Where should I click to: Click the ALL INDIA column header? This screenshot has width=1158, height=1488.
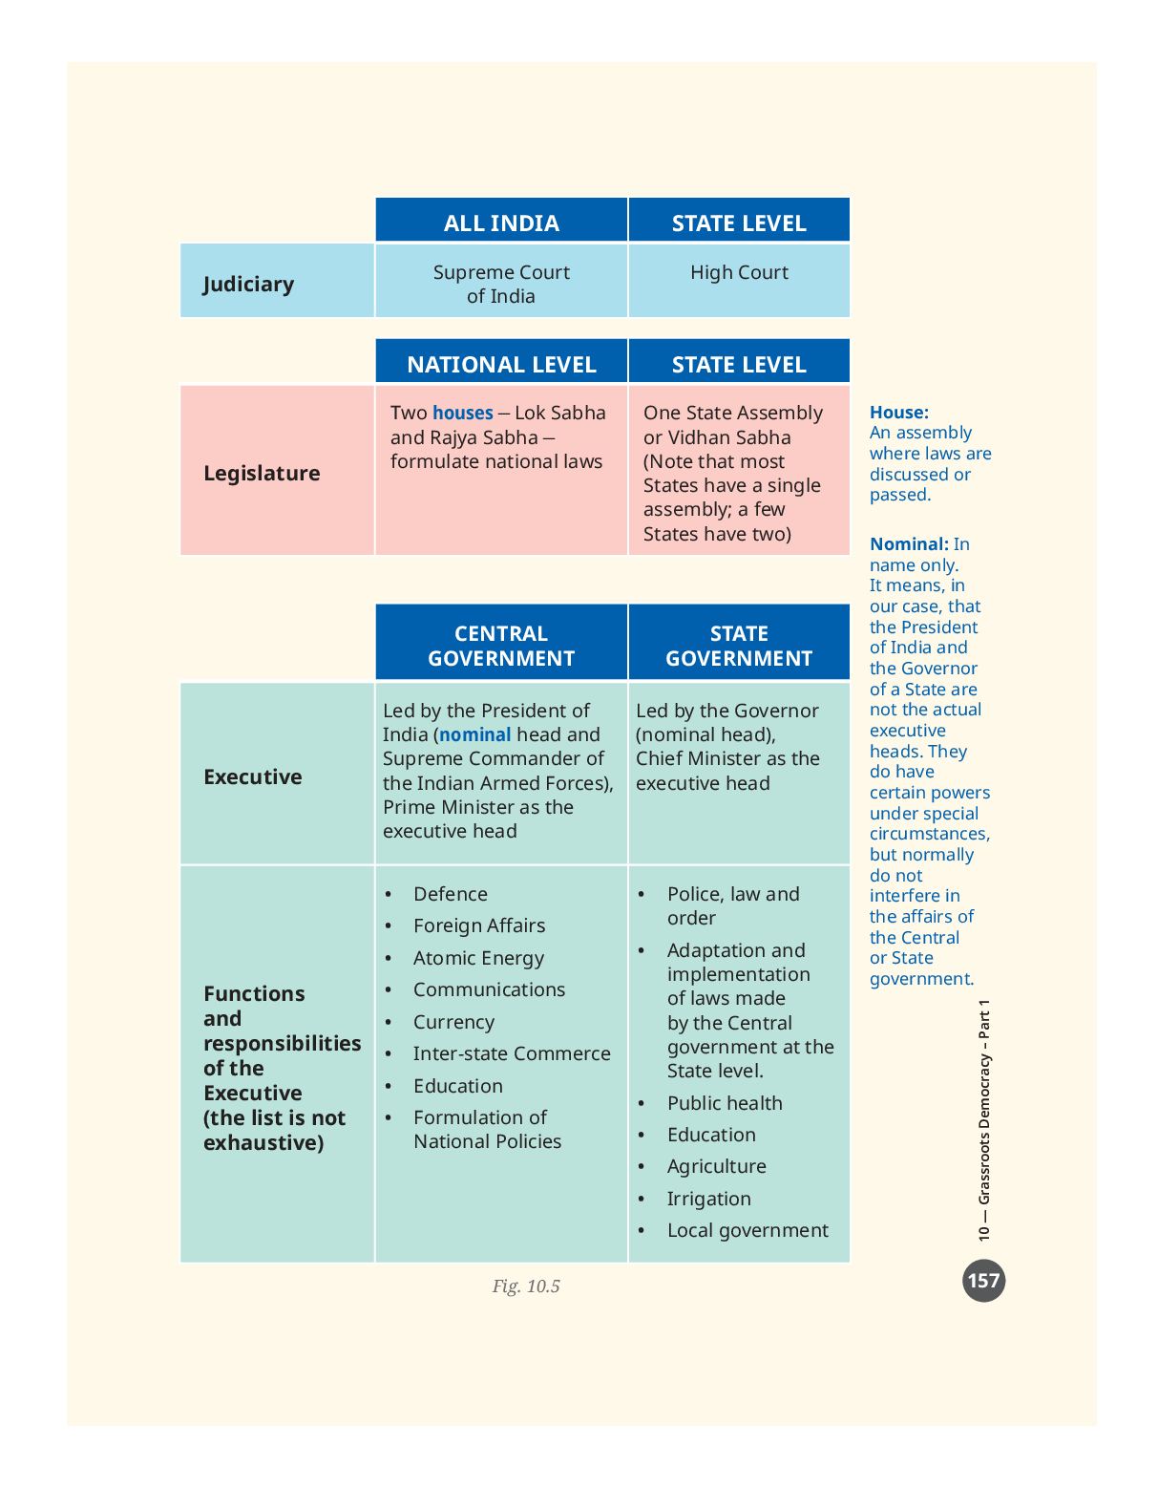coord(501,223)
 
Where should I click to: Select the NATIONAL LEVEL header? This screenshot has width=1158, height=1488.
coord(501,364)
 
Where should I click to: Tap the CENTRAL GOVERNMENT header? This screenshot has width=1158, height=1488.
coord(501,645)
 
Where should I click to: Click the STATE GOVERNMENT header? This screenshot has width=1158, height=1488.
coord(739,645)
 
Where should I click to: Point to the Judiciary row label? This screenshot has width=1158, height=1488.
coord(248,285)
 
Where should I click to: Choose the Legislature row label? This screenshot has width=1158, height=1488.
coord(262,473)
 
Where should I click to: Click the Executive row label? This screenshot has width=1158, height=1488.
coord(253,776)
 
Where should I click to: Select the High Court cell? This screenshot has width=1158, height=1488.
coord(739,272)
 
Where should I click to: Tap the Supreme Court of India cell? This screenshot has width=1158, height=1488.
coord(501,285)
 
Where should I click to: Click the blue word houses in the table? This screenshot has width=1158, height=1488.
coord(463,413)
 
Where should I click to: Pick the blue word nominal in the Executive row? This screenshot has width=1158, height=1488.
coord(475,734)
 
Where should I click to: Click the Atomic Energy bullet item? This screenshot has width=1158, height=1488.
coord(478,959)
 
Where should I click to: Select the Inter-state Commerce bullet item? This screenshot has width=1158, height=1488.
coord(512,1053)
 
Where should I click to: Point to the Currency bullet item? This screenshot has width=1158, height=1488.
coord(453,1022)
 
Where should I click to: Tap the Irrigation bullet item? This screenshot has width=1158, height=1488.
coord(709,1199)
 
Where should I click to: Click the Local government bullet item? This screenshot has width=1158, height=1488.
coord(747,1230)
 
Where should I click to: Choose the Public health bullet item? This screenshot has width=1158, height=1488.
coord(725,1103)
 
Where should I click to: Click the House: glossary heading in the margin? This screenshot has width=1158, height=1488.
coord(898,413)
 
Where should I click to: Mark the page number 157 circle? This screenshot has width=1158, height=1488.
coord(983,1281)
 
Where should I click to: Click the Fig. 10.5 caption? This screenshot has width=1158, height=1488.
coord(526,1286)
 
